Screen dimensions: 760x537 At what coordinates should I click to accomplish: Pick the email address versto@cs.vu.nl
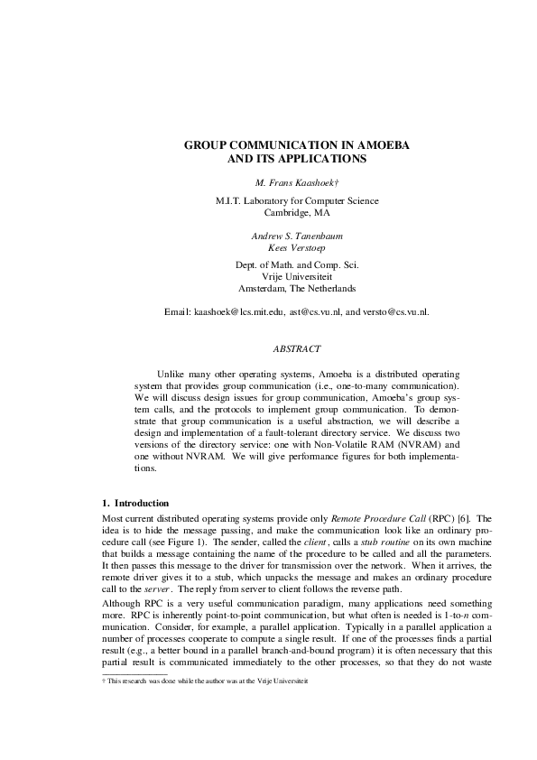click(x=395, y=311)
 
